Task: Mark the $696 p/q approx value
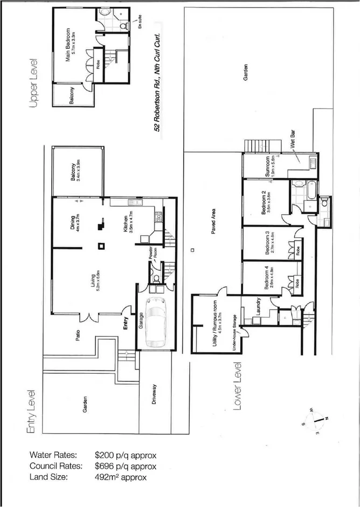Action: [x=125, y=466]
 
